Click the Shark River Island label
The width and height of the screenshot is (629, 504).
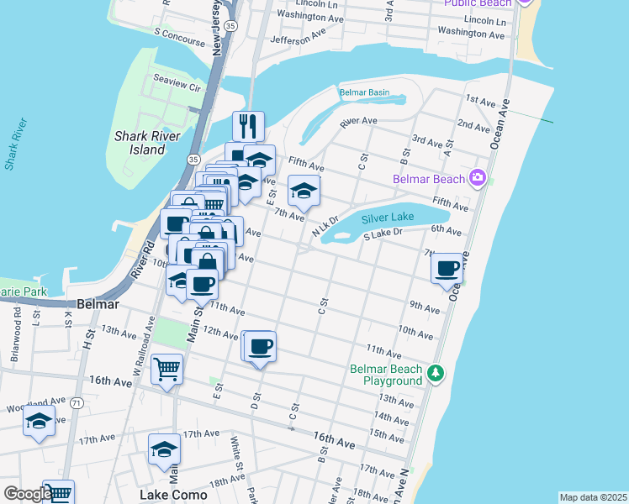point(140,142)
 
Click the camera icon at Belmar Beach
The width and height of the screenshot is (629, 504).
point(478,178)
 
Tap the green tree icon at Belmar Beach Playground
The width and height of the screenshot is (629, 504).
point(436,372)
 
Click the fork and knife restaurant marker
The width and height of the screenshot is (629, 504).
point(248,126)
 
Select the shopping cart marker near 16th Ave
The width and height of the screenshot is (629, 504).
point(166,368)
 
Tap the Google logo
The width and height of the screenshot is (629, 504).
point(27,494)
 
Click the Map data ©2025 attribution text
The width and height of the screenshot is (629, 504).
point(593,497)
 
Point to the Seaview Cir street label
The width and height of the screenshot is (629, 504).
point(177,87)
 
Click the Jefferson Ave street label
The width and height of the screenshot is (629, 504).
point(298,36)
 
